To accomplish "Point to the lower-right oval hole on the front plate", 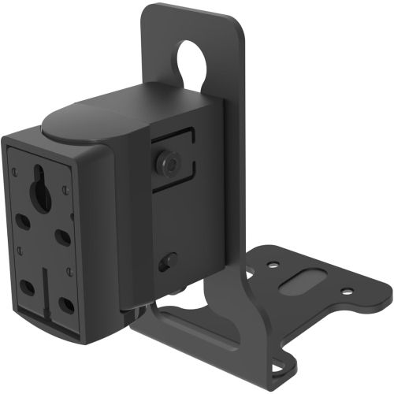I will [67, 303].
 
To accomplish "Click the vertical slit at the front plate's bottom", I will [47, 293].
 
